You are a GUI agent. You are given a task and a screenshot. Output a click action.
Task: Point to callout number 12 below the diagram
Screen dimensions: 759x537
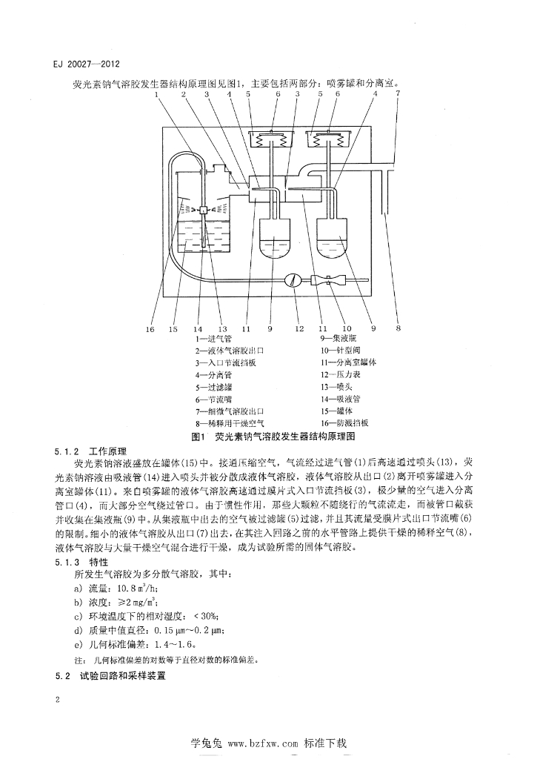tap(299, 327)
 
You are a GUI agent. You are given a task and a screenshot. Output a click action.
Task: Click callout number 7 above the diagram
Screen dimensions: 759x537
tap(397, 94)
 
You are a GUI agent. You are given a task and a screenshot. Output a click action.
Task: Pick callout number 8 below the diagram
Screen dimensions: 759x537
tap(398, 327)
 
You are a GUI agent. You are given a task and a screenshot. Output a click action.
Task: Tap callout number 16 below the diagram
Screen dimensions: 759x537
tap(151, 327)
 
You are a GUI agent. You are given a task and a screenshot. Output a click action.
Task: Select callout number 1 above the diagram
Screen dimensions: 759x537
tap(158, 94)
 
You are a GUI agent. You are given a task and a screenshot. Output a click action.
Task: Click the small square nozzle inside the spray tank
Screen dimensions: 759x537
tap(202, 211)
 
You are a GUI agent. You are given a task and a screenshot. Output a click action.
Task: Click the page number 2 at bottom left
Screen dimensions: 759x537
tap(57, 699)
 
